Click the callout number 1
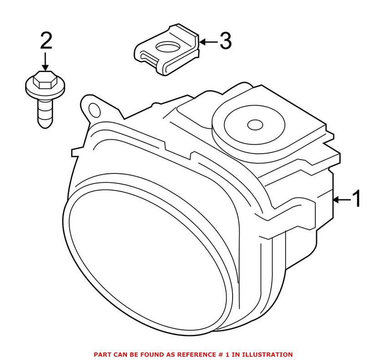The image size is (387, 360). (356, 199)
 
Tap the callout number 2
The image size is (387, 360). (46, 42)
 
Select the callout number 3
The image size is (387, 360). (225, 42)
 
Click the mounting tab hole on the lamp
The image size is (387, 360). (95, 110)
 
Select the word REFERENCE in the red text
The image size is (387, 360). (191, 354)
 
